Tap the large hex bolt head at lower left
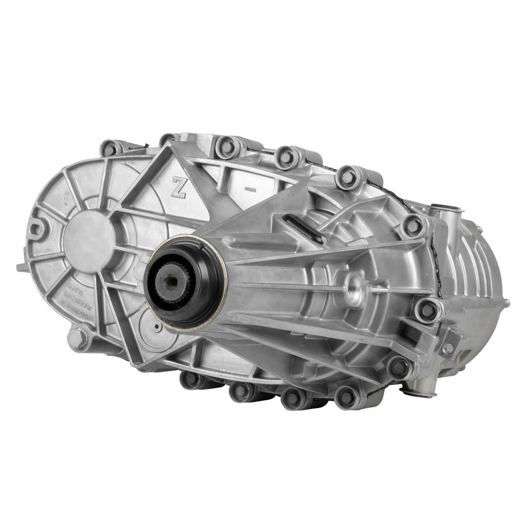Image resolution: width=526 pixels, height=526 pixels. [x=78, y=338]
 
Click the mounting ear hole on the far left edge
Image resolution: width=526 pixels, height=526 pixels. [x=36, y=228]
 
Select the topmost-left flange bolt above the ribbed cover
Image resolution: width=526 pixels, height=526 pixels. [x=110, y=149]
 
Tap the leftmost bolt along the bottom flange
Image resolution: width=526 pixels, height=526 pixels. [x=192, y=379]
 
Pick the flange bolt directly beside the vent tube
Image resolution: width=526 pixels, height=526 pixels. [x=414, y=226]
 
